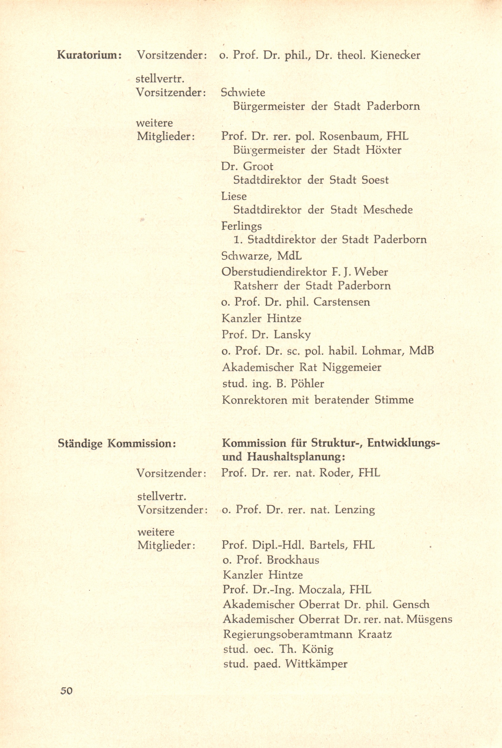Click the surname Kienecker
(x=395, y=55)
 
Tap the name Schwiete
(x=243, y=92)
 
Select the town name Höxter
(x=383, y=150)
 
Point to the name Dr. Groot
(x=247, y=166)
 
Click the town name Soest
(x=375, y=180)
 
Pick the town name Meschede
(x=388, y=210)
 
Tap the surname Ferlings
(x=241, y=226)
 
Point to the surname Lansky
(x=292, y=335)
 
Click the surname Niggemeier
(x=351, y=367)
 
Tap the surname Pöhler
(x=307, y=383)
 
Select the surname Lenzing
(x=354, y=509)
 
